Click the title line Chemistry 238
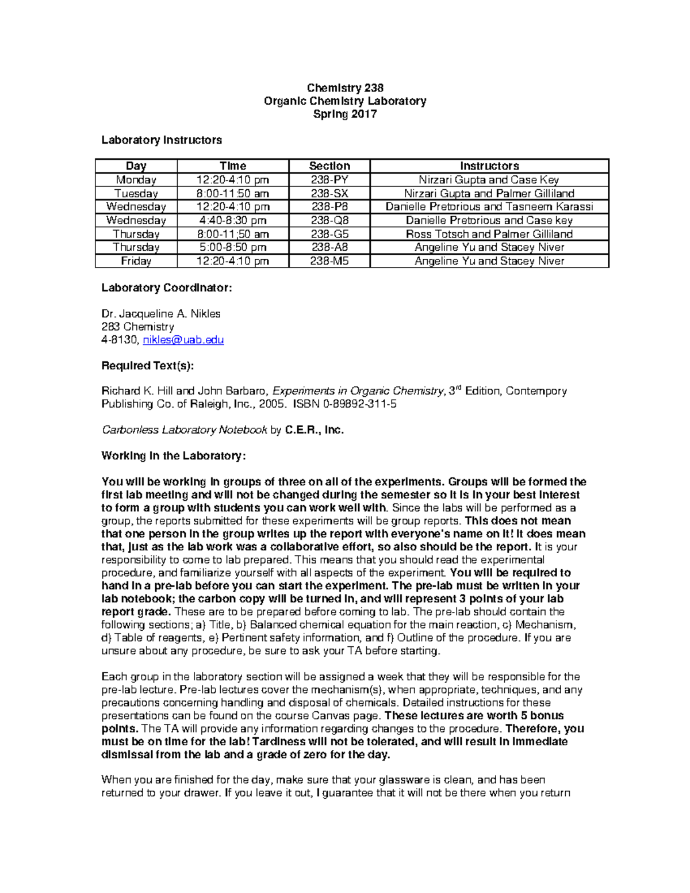[x=345, y=88]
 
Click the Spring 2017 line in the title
[x=345, y=114]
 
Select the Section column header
[x=329, y=166]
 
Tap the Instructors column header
[x=489, y=166]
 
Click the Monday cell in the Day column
[x=136, y=180]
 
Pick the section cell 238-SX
[x=329, y=194]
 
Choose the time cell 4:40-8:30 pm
[x=233, y=220]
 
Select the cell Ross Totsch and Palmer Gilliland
[x=489, y=234]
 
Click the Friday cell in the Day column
[x=136, y=261]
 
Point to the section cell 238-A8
[x=329, y=247]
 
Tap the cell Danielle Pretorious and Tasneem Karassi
[x=489, y=207]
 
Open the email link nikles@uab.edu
[x=183, y=340]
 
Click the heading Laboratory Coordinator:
[x=167, y=288]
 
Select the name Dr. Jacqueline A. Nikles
[x=161, y=314]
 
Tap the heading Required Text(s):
[x=148, y=366]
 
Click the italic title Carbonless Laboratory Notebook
[x=185, y=430]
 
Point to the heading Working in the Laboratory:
[x=174, y=456]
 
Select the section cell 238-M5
[x=329, y=261]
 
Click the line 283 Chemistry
[x=138, y=327]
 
